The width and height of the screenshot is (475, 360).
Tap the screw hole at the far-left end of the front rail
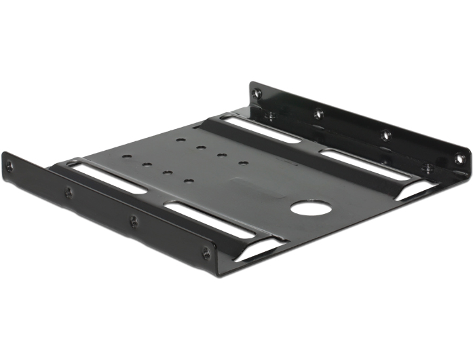9,165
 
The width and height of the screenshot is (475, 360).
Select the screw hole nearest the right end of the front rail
206,253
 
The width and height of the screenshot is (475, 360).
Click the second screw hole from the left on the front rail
69,192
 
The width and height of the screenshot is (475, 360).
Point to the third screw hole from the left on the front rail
133,220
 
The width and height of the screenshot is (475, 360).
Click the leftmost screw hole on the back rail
256,92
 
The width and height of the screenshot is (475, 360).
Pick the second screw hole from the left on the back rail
318,113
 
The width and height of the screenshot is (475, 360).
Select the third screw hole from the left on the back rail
385,135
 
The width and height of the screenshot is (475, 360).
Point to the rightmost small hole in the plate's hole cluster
243,163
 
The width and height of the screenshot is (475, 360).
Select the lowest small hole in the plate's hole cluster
189,182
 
